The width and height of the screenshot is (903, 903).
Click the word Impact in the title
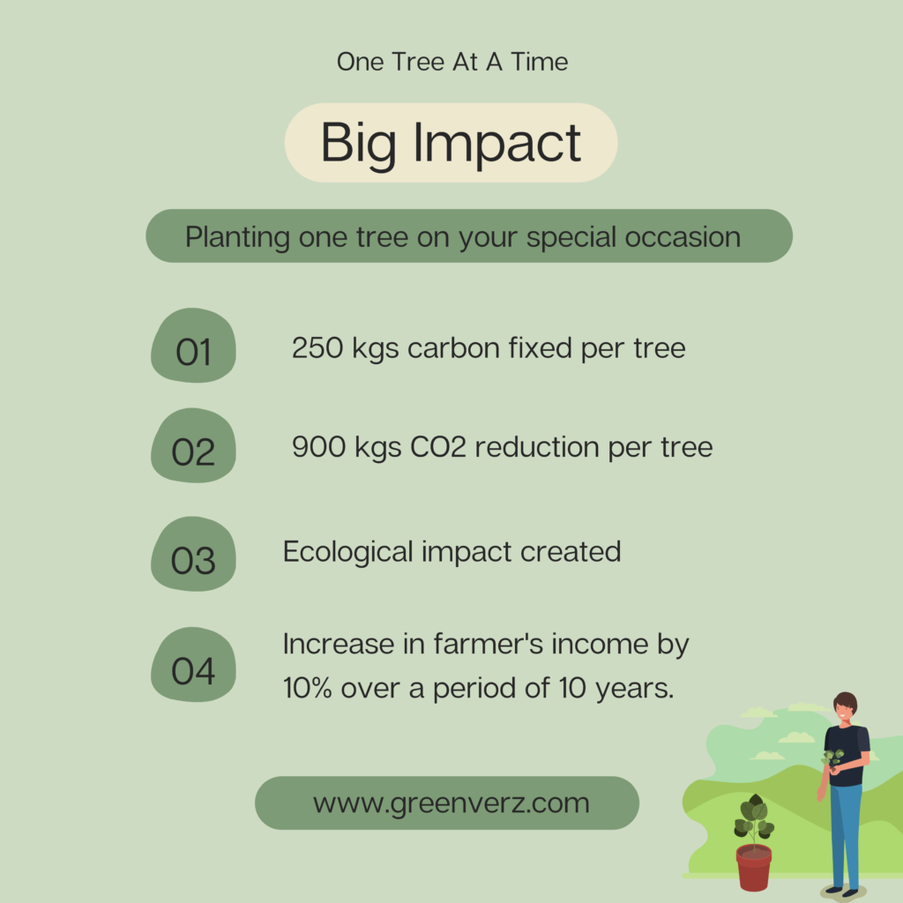click(x=497, y=143)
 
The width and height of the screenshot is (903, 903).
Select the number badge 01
click(x=193, y=346)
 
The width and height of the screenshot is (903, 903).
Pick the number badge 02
click(x=193, y=445)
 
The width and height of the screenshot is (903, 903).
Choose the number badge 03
click(x=193, y=554)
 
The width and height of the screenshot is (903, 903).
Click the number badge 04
click(x=193, y=665)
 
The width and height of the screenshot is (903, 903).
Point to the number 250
click(x=317, y=347)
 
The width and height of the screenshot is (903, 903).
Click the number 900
click(x=318, y=447)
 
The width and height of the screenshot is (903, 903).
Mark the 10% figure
click(x=307, y=688)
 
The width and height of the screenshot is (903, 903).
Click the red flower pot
click(x=754, y=867)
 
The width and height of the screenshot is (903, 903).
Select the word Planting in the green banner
click(x=237, y=238)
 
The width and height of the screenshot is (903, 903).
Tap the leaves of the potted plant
click(x=754, y=817)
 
